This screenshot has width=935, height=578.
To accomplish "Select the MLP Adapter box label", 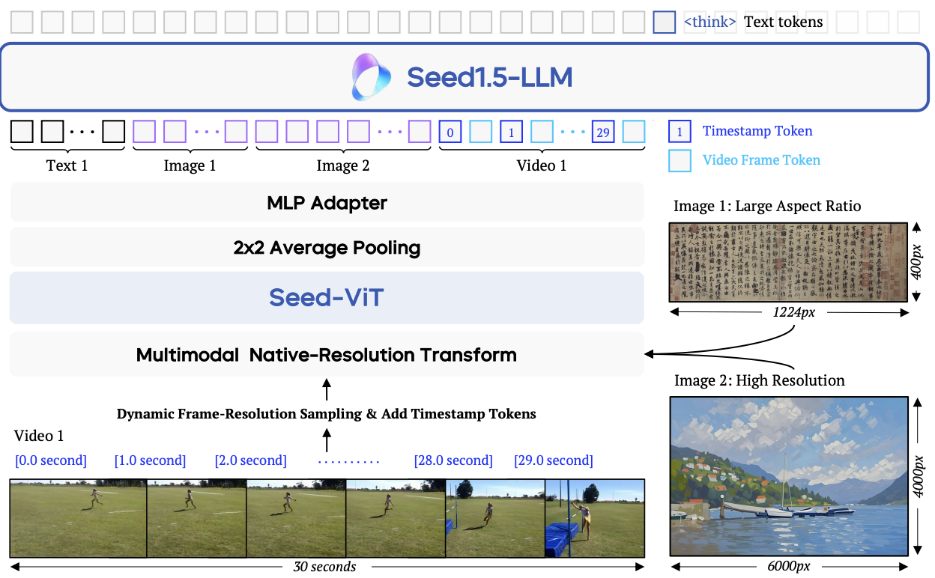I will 327,203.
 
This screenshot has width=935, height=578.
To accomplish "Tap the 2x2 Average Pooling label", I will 327,248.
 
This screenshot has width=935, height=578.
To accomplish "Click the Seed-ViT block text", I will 327,297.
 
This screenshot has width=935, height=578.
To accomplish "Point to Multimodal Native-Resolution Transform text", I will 327,354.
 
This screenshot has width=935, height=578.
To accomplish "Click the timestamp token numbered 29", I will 603,133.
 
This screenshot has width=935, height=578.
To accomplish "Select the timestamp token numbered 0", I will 450,133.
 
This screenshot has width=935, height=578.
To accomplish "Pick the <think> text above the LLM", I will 709,22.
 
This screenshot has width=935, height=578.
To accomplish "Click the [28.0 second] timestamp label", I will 453,460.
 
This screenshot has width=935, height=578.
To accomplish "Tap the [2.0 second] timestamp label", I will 251,460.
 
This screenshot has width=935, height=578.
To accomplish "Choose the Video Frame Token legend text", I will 761,159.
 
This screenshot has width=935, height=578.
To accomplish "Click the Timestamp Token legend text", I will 757,131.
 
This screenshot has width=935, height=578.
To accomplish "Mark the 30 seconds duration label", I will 324,567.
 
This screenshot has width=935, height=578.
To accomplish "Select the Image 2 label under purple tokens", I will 342,165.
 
